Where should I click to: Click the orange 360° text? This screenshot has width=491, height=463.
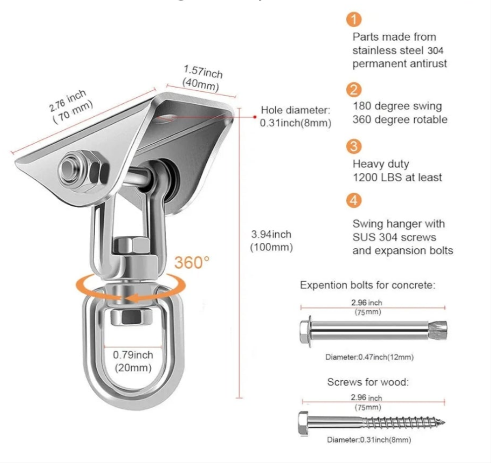click(x=188, y=262)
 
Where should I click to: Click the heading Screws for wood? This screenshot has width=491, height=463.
click(x=368, y=382)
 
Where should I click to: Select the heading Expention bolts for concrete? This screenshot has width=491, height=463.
click(x=368, y=285)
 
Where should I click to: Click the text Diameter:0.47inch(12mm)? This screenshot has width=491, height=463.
click(x=369, y=357)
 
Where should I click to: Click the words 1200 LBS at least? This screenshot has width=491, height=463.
click(x=397, y=177)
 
